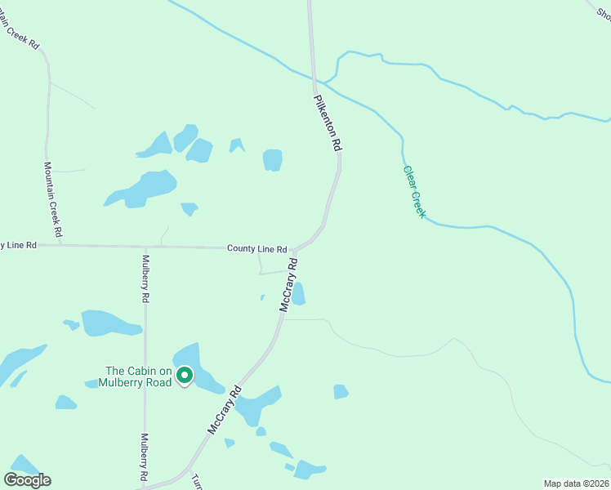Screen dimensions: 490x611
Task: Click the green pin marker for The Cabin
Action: pyautogui.click(x=185, y=376)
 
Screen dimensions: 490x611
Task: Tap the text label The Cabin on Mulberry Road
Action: pyautogui.click(x=136, y=376)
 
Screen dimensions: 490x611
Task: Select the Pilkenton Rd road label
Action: pyautogui.click(x=328, y=122)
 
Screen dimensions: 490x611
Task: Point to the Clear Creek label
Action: pyautogui.click(x=415, y=192)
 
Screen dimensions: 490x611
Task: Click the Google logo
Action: pyautogui.click(x=27, y=479)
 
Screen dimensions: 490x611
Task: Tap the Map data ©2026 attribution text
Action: pyautogui.click(x=576, y=483)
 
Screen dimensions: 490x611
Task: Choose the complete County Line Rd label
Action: pyautogui.click(x=256, y=249)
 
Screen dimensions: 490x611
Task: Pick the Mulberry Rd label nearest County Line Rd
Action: pyautogui.click(x=145, y=279)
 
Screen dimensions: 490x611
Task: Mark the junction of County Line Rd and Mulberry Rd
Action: pyautogui.click(x=145, y=247)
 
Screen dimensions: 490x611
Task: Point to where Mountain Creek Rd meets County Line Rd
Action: pyautogui.click(x=60, y=245)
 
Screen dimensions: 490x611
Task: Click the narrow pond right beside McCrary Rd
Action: pyautogui.click(x=299, y=293)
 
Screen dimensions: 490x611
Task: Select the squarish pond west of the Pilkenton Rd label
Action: pyautogui.click(x=273, y=160)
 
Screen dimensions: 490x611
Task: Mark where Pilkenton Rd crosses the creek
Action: pyautogui.click(x=314, y=81)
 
